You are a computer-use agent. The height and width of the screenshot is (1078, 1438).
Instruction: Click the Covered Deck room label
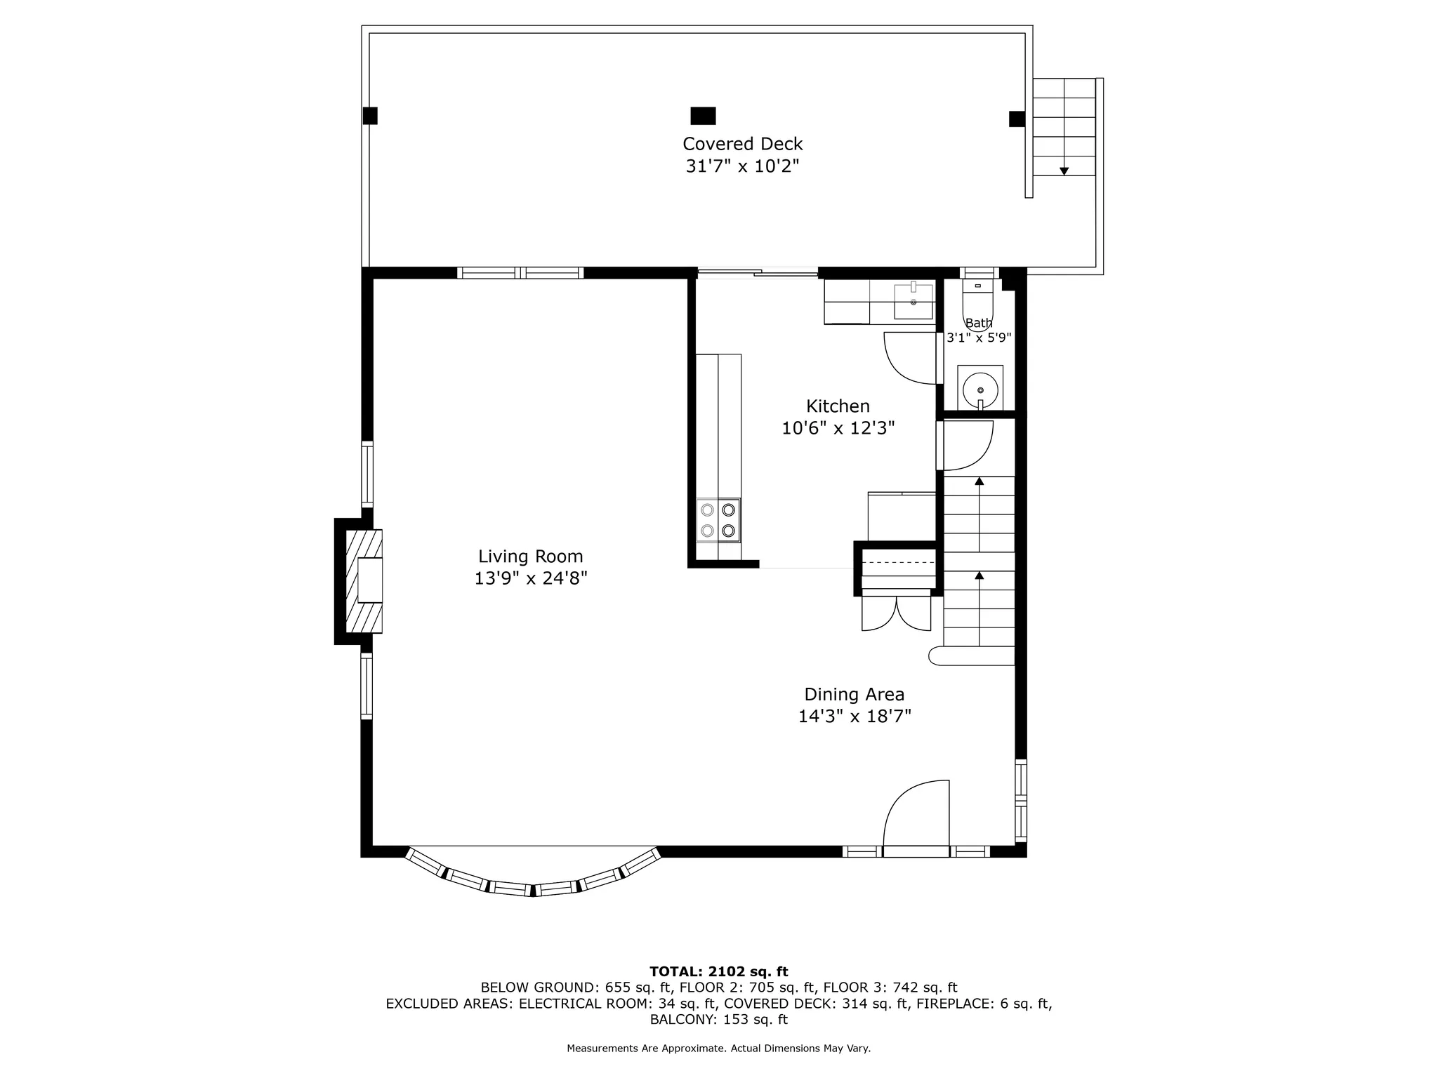coord(742,144)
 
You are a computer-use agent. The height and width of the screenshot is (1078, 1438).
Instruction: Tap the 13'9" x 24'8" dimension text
coord(530,578)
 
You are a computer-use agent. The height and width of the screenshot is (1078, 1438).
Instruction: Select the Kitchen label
coord(838,406)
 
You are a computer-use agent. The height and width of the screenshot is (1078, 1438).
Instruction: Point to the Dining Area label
coord(854,694)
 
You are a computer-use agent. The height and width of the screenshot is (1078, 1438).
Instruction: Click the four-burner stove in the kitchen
coord(718,520)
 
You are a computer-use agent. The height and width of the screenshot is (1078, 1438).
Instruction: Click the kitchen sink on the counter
coord(913,300)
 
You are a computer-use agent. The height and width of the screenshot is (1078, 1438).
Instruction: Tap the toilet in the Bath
coord(978,303)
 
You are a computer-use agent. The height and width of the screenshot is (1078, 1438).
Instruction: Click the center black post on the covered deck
coord(703,116)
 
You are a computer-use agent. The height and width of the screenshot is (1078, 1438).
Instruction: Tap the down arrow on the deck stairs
coord(1064,171)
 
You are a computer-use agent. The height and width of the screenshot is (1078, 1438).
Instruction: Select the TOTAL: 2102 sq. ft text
coord(718,971)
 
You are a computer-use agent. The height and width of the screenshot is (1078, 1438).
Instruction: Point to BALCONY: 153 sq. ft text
coord(718,1019)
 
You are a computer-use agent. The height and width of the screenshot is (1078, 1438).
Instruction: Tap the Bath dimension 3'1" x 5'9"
coord(979,338)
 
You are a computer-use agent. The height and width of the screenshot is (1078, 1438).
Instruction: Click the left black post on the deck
coord(370,116)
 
